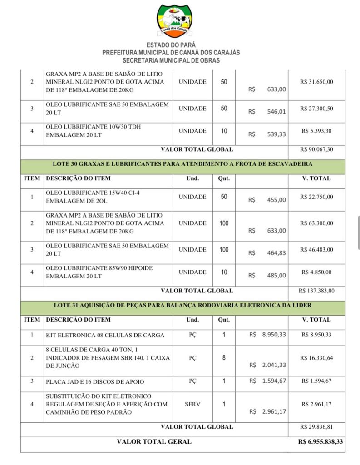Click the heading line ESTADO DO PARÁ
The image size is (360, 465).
pyautogui.click(x=171, y=45)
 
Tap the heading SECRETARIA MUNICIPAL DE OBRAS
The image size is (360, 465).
pyautogui.click(x=171, y=60)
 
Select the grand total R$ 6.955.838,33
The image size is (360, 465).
pyautogui.click(x=321, y=441)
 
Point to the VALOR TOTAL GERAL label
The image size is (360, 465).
pyautogui.click(x=154, y=441)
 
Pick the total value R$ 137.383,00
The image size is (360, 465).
pyautogui.click(x=316, y=291)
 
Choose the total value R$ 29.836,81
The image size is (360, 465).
pyautogui.click(x=316, y=427)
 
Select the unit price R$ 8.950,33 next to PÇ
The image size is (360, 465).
pyautogui.click(x=268, y=335)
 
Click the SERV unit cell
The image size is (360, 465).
pyautogui.click(x=192, y=404)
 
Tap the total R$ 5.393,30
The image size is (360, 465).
pyautogui.click(x=316, y=131)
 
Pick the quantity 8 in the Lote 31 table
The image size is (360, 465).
pyautogui.click(x=224, y=358)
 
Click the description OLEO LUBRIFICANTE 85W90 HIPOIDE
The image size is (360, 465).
pyautogui.click(x=99, y=268)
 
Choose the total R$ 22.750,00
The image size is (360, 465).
pyautogui.click(x=316, y=197)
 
